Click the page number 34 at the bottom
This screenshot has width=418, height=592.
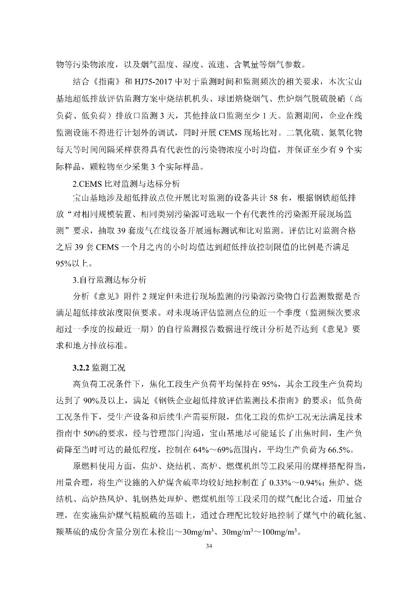pyautogui.click(x=209, y=546)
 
